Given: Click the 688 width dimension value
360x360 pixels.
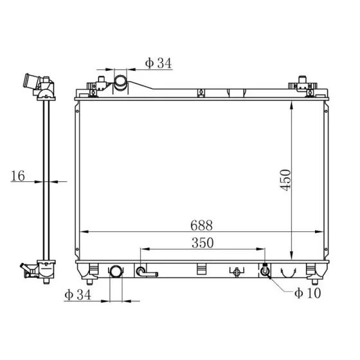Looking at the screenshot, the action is click(201, 226).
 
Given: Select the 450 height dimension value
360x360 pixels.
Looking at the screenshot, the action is click(285, 180).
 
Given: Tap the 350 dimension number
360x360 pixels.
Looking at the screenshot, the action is click(203, 243).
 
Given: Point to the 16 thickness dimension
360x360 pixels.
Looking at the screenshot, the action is click(18, 176).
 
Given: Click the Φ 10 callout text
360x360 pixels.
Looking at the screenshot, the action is click(308, 293).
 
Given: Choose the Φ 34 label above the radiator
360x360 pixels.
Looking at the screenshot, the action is click(158, 63).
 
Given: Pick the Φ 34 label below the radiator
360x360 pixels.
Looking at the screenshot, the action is click(78, 294).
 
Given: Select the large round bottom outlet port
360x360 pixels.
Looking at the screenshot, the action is click(116, 271).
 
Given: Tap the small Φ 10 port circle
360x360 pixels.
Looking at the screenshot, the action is click(265, 271).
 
